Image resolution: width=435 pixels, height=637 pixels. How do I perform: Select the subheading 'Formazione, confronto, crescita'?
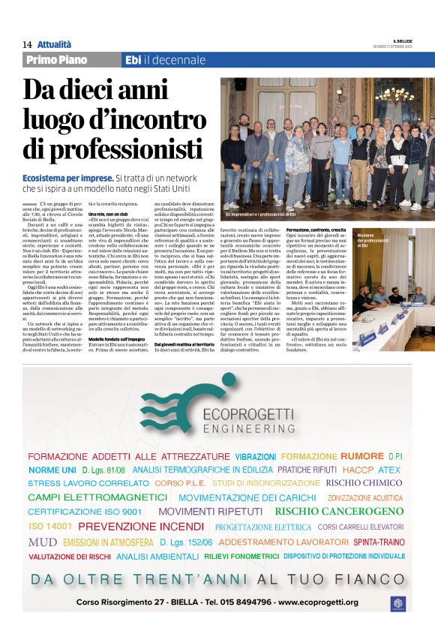315,229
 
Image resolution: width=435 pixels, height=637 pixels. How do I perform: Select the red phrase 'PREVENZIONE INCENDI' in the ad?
140,526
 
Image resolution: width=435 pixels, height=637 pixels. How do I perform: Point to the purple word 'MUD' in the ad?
42,542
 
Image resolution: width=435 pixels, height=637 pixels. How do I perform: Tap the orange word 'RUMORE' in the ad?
361,455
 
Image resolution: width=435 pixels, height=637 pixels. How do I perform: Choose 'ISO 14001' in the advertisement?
49,526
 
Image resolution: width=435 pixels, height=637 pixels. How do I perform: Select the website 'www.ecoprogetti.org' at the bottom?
324,602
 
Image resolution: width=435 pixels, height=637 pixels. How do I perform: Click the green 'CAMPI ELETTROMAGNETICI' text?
97,497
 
